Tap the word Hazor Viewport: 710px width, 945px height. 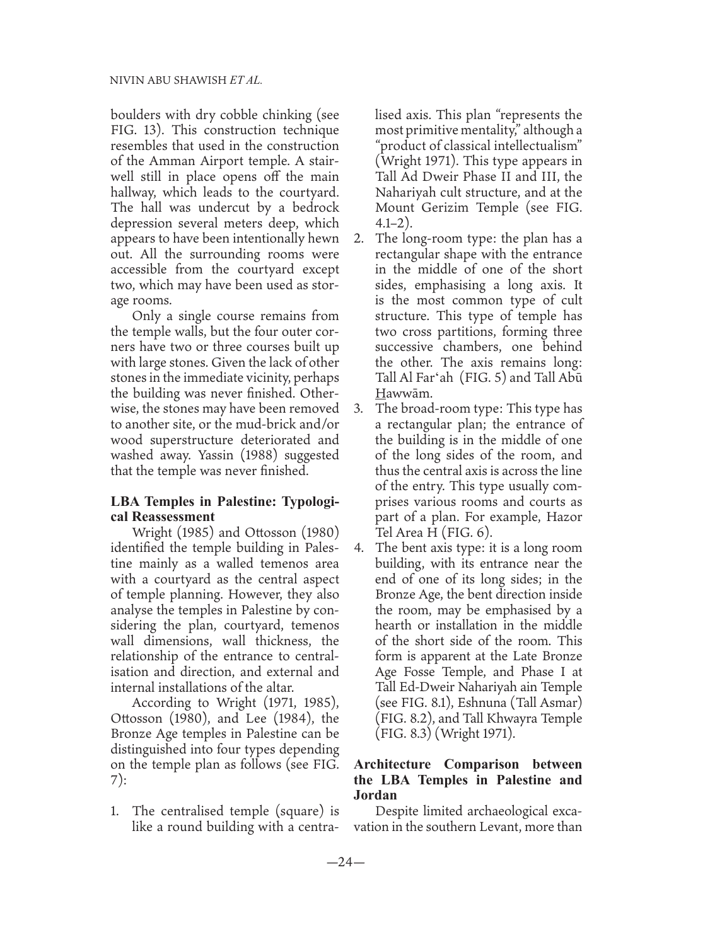(x=563, y=517)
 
